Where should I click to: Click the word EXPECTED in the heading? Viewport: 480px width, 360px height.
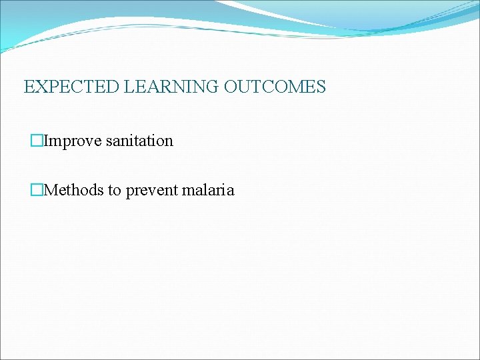pos(72,87)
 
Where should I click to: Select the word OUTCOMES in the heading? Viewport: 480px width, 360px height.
pos(275,87)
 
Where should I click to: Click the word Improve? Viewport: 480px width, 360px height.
pos(73,141)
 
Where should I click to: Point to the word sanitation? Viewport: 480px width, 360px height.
pos(139,141)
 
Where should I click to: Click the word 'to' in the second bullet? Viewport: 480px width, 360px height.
pos(115,190)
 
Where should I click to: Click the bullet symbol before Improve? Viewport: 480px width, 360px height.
pos(37,141)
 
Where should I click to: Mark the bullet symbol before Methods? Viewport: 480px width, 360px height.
pos(37,190)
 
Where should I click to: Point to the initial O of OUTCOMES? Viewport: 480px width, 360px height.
pos(230,87)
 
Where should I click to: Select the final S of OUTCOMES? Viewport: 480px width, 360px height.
pos(321,87)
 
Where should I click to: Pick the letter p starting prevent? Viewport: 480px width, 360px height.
pos(129,191)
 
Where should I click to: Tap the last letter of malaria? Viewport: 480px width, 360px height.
pos(231,191)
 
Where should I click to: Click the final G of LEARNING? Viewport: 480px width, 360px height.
pos(213,87)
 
